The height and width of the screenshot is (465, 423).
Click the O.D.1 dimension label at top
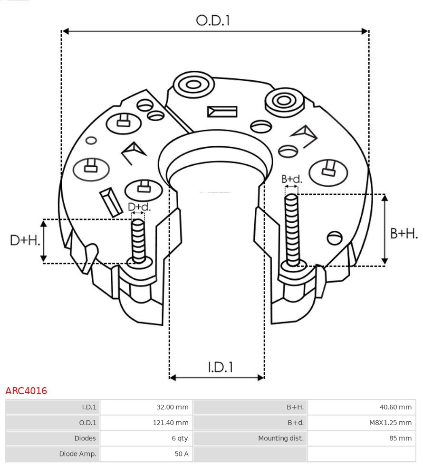click(213, 20)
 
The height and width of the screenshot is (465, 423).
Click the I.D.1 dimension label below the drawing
click(220, 367)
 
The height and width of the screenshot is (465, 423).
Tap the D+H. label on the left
click(25, 240)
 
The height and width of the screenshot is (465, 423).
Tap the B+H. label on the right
click(404, 233)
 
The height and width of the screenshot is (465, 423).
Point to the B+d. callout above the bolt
click(291, 179)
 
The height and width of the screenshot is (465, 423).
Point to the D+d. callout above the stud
click(139, 207)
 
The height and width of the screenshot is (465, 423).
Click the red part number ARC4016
click(26, 391)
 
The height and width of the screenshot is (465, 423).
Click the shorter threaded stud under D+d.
click(139, 240)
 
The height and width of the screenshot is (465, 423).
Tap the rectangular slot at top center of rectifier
click(222, 112)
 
